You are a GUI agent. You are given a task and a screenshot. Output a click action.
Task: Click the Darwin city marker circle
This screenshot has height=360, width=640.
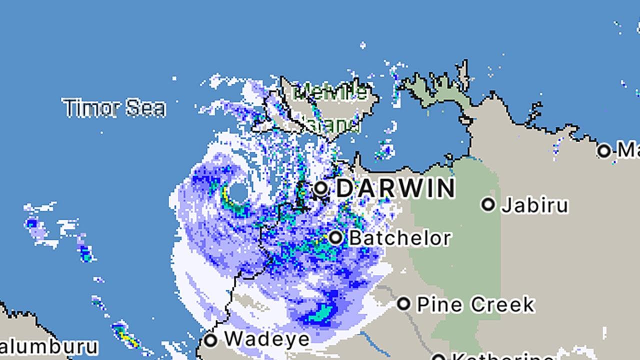tap(321, 189)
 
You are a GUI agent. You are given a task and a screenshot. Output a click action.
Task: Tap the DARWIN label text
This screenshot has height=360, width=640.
tap(395, 188)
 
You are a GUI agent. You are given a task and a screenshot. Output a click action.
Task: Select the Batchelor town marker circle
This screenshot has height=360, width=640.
tap(336, 237)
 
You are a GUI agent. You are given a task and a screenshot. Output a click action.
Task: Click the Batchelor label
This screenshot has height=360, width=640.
tap(399, 238)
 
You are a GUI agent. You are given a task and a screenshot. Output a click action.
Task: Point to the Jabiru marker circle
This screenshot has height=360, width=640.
tap(488, 204)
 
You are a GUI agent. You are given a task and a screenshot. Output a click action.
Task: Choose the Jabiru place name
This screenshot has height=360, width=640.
tap(534, 205)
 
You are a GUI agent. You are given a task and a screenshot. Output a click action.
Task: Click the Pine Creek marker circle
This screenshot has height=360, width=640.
tap(404, 303)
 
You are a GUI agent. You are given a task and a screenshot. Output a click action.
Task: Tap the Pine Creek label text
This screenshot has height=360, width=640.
tap(475, 304)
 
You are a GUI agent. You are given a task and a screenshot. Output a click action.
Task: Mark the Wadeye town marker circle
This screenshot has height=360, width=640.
tap(211, 340)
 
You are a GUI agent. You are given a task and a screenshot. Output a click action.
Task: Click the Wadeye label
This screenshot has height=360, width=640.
tap(266, 339)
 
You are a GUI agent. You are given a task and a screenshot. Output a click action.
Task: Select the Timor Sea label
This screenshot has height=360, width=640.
tap(114, 108)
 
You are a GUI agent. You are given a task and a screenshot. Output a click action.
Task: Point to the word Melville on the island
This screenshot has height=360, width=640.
tap(330, 92)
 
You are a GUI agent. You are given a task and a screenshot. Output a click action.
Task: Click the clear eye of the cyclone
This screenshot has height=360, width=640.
tap(238, 193)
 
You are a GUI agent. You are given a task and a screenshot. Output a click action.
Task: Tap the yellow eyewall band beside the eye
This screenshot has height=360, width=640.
tap(226, 195)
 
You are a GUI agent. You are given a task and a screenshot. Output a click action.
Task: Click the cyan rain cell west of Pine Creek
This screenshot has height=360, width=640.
tap(320, 314)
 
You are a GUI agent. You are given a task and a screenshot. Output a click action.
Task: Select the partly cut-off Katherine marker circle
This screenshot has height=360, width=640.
tap(438, 357)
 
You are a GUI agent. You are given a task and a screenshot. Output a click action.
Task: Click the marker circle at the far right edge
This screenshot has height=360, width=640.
tap(604, 150)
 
